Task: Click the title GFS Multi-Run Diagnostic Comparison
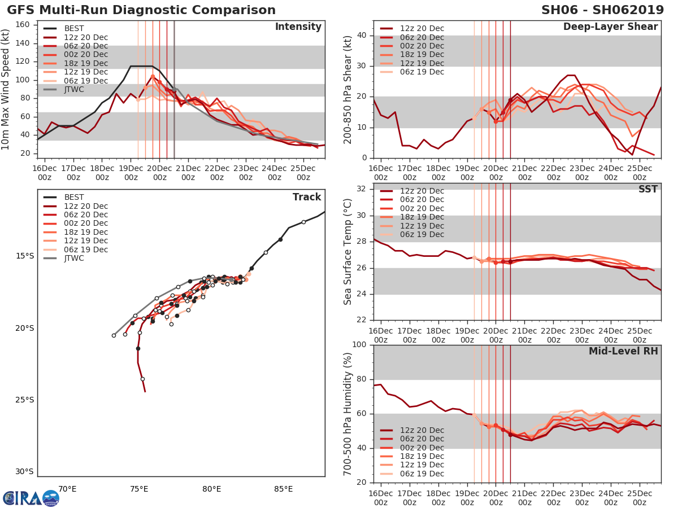tap(141, 10)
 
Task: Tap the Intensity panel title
tap(298, 27)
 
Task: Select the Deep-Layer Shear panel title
tap(610, 27)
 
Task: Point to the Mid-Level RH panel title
tap(623, 351)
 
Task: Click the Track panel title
tap(306, 197)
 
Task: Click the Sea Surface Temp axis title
tap(348, 252)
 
